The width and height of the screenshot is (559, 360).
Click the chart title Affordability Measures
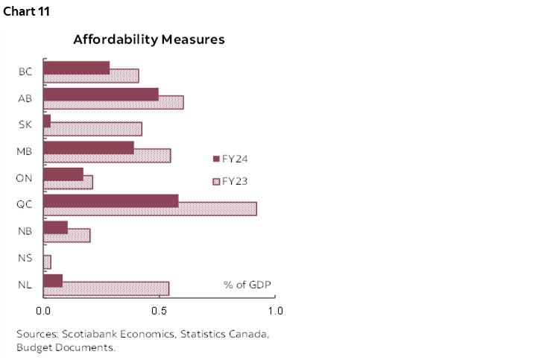pos(149,40)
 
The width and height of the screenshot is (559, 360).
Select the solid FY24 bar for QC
pos(111,201)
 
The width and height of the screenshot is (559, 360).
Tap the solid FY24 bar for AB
pos(101,94)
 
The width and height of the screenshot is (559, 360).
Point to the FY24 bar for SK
pos(47,121)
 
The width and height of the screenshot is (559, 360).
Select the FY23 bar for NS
pos(47,262)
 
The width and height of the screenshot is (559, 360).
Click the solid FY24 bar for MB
pos(89,148)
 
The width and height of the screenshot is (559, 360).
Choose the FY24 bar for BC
pos(77,68)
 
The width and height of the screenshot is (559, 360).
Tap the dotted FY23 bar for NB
pos(82,236)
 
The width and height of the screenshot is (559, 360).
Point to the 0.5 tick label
pos(159,310)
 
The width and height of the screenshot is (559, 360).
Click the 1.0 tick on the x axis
pos(275,310)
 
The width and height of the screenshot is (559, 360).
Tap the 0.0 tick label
pos(43,310)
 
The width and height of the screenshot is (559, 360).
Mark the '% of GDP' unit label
pos(247,285)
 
